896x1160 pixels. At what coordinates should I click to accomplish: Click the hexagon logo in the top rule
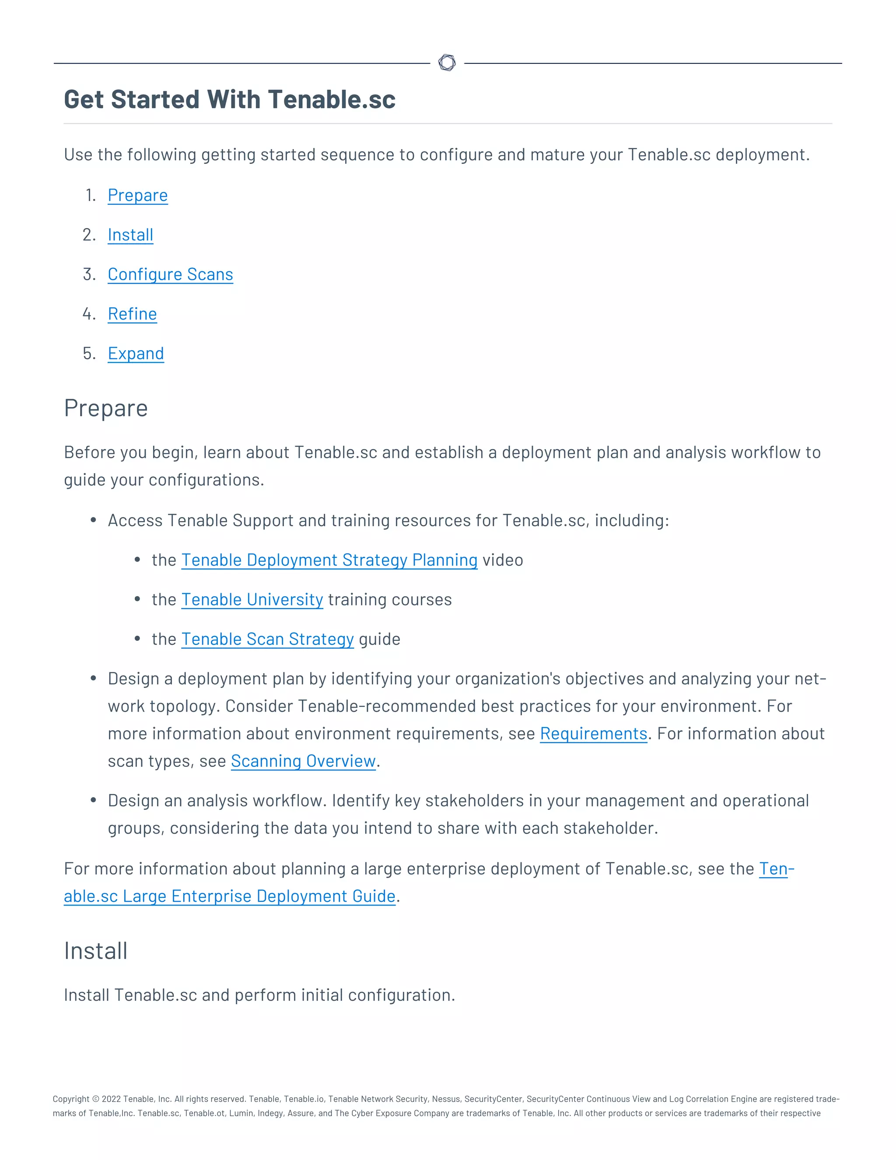447,63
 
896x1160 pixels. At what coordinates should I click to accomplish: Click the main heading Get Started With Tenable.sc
229,99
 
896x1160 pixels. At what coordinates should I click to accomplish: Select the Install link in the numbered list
130,235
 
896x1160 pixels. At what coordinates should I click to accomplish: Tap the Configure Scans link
170,274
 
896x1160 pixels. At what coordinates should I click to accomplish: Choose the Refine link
132,314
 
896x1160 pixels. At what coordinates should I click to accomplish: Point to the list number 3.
89,274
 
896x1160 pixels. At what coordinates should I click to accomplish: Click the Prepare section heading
105,408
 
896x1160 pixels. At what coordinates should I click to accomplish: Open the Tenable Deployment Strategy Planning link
329,560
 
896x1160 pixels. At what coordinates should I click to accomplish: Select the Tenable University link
252,599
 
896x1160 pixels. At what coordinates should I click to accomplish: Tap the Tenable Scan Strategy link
267,639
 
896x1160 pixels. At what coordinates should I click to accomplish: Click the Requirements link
593,734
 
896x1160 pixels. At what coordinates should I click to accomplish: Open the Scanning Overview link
303,761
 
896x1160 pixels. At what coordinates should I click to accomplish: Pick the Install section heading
95,951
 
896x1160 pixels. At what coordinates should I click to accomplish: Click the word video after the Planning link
502,560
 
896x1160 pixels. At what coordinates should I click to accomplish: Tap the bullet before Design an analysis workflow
94,800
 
